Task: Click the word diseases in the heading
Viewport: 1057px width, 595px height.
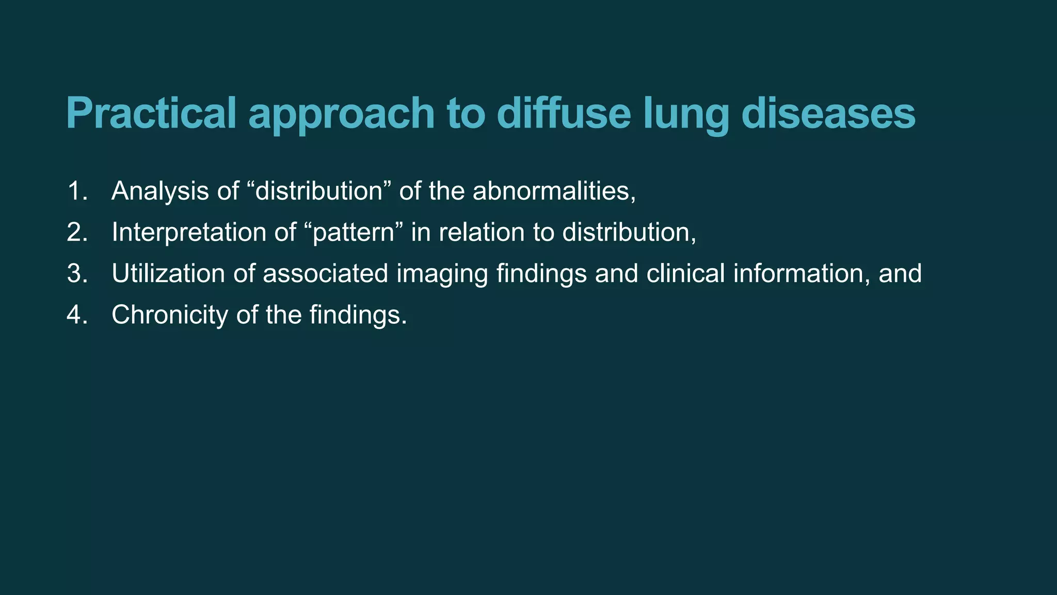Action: (828, 114)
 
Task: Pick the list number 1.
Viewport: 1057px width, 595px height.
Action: (77, 191)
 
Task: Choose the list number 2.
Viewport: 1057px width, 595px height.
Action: (77, 232)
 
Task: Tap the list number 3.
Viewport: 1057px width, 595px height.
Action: (77, 274)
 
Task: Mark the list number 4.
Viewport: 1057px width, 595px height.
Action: (77, 315)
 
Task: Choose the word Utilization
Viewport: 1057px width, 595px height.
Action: (168, 274)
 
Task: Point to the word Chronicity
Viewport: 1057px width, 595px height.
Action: (170, 315)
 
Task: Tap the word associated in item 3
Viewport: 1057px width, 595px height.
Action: (325, 274)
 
